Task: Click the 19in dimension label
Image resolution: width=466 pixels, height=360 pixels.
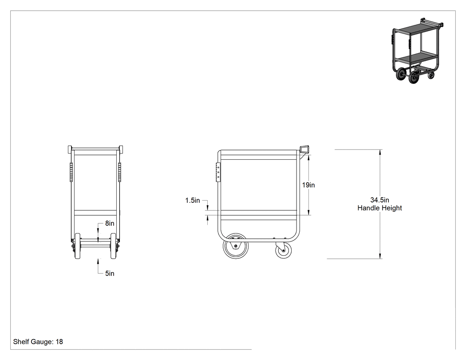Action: coord(308,185)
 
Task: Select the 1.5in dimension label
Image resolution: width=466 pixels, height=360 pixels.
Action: coord(193,200)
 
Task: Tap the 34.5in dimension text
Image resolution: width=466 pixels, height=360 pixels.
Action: coord(379,200)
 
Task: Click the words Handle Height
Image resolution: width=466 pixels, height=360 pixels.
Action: coord(379,208)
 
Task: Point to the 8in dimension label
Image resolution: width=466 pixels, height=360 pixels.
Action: coord(110,223)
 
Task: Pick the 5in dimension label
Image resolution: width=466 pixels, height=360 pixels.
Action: coord(110,273)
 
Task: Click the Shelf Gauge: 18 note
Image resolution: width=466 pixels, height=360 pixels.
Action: coord(38,341)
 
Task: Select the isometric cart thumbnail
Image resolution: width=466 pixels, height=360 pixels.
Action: coord(417,51)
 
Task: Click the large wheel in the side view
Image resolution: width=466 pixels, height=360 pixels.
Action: coord(236,246)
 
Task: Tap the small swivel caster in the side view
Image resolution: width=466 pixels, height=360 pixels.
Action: coord(284,250)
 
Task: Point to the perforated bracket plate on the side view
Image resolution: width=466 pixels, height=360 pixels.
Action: coord(218,172)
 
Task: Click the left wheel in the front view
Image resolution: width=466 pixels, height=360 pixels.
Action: coord(78,246)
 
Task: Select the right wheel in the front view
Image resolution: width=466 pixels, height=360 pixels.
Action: coord(113,246)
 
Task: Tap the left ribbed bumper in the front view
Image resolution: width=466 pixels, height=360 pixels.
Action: coord(71,172)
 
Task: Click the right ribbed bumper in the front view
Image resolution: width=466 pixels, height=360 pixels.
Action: coord(119,172)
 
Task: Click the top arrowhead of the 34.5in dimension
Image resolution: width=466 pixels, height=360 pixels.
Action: coord(380,153)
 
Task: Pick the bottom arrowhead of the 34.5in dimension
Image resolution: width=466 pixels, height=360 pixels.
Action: coord(380,256)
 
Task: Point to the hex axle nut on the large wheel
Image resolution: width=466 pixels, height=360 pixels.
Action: coord(236,246)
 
